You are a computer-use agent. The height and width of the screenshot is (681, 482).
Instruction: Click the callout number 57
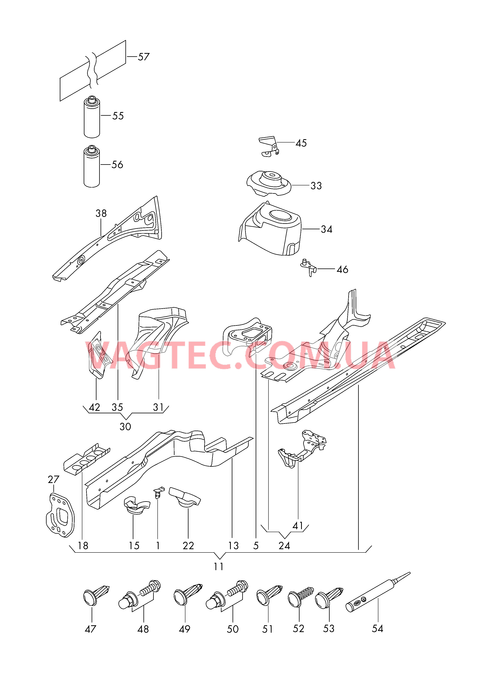(x=144, y=57)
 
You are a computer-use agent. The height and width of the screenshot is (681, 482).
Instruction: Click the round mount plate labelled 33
(x=269, y=183)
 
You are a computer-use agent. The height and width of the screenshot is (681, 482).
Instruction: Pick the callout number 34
(x=327, y=229)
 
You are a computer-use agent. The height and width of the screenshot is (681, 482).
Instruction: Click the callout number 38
(x=101, y=213)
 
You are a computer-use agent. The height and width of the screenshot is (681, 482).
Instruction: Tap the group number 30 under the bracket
(x=125, y=427)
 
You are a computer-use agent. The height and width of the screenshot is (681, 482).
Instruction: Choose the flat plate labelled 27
(x=60, y=515)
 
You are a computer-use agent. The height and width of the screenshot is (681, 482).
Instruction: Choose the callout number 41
(x=298, y=526)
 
